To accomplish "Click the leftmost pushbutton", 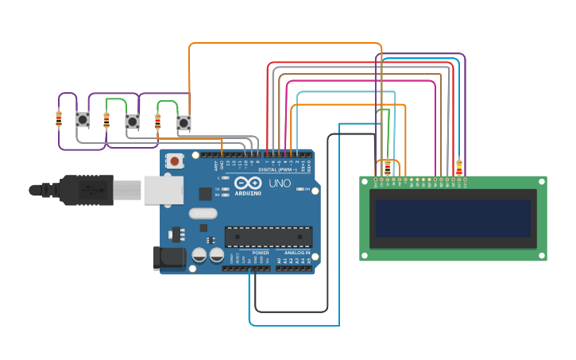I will coord(83,120).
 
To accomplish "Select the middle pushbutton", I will coord(133,122).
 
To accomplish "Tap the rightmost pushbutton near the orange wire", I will coord(184,122).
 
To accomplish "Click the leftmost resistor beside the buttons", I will coord(59,119).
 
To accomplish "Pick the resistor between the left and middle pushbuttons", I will coord(106,121).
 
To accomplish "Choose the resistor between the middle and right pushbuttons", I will coord(157,122).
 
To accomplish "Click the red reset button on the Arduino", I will coord(174,161).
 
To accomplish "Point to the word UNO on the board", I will coord(279,184).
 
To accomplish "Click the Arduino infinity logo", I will coord(248,184).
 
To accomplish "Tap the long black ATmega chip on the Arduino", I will coord(268,236).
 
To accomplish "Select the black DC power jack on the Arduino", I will coord(168,257).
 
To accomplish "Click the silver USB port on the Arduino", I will coord(163,190).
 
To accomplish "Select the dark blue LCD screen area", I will coord(453,219).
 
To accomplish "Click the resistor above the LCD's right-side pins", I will coord(458,168).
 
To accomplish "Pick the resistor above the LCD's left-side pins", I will coord(388,168).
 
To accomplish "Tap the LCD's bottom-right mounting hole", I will coord(542,255).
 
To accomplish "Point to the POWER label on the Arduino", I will coord(261,253).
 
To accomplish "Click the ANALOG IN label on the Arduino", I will coord(297,253).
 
